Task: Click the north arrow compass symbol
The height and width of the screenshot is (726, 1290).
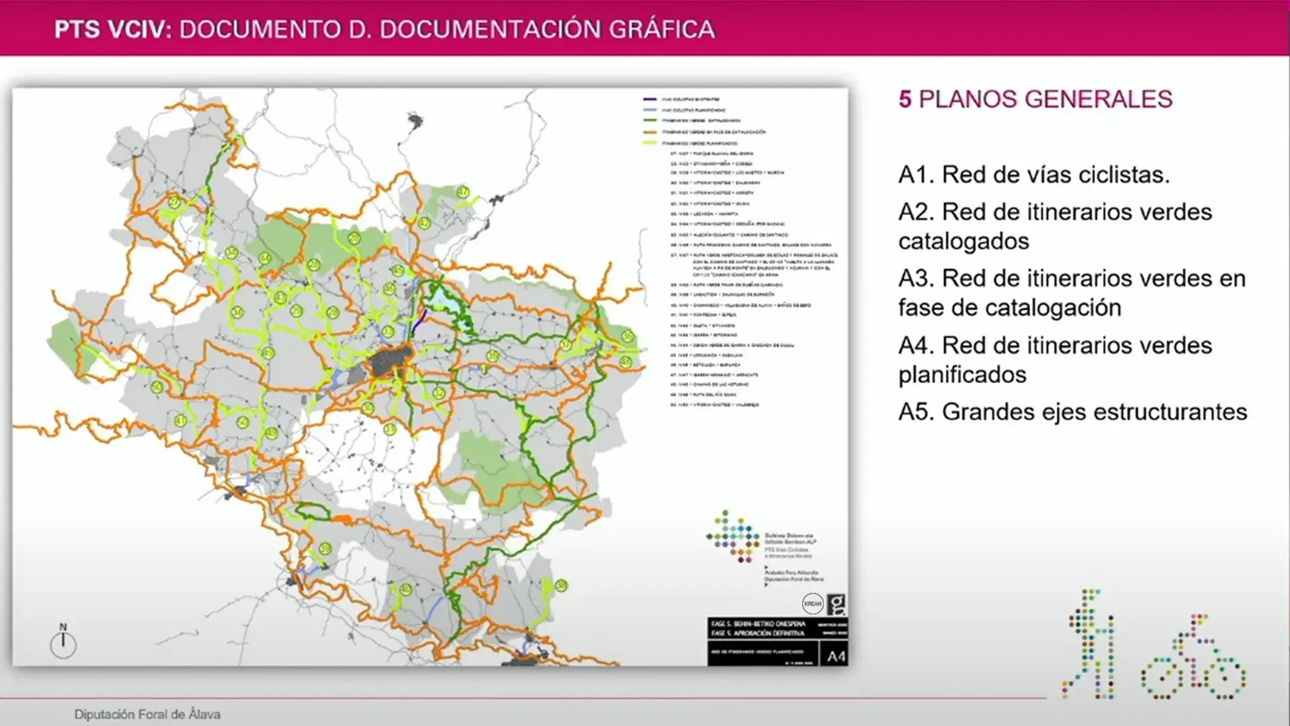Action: coord(63,642)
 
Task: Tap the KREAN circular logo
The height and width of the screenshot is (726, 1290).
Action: coord(813,603)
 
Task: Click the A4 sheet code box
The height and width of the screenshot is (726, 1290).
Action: coord(836,656)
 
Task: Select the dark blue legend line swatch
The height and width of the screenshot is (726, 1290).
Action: coord(649,99)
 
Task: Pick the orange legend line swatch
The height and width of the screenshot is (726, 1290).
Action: coord(649,132)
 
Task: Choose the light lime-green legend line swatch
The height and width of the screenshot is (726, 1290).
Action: coord(649,143)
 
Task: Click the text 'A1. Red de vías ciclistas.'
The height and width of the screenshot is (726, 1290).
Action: coord(1034,175)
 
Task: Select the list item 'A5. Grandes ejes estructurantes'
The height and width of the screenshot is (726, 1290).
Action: coord(1072,411)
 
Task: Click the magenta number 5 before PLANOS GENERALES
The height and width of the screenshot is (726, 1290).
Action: coord(905,99)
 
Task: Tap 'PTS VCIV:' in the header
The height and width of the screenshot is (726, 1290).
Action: coord(114,30)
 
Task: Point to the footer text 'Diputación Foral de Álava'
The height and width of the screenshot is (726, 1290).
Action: coord(147,714)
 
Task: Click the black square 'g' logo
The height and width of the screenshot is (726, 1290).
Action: coord(836,604)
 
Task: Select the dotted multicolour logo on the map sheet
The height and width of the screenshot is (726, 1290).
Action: coord(733,536)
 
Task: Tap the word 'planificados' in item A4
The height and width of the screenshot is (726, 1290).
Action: coord(962,374)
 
